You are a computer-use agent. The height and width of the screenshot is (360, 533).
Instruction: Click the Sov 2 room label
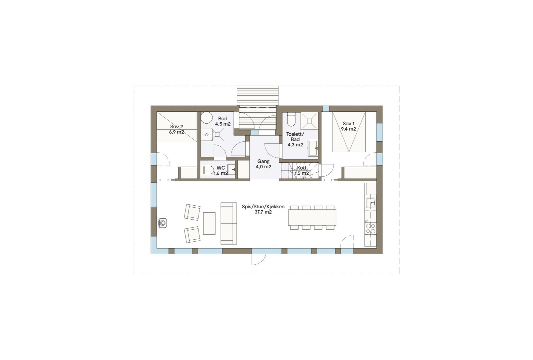tap(177, 127)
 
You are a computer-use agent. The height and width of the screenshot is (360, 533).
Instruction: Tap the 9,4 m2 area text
tap(348, 129)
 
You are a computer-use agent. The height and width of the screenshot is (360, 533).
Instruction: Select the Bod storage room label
tap(223, 119)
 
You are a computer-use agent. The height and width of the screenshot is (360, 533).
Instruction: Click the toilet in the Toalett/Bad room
tap(291, 120)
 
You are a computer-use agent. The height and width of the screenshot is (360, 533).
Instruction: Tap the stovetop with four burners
tap(370, 228)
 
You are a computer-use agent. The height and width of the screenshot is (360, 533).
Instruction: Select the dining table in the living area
tap(312, 217)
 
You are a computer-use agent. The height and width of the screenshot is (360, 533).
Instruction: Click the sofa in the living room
tap(229, 223)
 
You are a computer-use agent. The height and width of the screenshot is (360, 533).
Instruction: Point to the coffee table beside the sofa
tap(209, 223)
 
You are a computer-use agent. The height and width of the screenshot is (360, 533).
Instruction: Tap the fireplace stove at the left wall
tap(162, 222)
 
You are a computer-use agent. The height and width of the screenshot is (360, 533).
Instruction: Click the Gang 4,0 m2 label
tap(263, 164)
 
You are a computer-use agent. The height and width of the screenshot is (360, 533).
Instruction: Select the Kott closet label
tap(302, 168)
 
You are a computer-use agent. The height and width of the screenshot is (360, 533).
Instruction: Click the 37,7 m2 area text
tap(263, 212)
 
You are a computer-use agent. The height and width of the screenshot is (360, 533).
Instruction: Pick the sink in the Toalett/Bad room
tap(313, 148)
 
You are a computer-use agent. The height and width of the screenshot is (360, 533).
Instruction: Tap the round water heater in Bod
tap(207, 118)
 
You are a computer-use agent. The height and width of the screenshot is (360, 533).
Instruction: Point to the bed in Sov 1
tap(349, 132)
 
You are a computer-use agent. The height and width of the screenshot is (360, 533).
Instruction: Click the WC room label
tap(221, 168)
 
